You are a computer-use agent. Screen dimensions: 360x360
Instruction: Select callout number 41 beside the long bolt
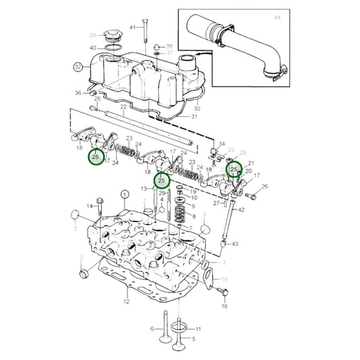(132, 27)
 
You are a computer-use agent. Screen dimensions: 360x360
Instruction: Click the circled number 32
(78, 67)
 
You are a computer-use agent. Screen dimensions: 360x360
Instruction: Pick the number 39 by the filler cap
(93, 34)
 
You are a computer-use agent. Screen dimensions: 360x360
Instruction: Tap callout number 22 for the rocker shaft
(123, 107)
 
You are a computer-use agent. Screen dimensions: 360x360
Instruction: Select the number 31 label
(195, 116)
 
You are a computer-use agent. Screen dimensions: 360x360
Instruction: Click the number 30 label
(197, 108)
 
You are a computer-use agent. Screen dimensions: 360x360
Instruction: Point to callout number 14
(88, 206)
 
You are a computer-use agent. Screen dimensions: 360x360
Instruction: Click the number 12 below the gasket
(126, 301)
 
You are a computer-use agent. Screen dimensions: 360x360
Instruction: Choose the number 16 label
(224, 306)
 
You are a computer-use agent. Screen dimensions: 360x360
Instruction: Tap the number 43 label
(235, 243)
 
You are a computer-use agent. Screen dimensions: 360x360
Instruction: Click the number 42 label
(242, 209)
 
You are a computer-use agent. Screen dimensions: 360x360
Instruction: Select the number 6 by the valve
(153, 329)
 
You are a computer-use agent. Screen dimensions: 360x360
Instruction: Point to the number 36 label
(78, 93)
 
